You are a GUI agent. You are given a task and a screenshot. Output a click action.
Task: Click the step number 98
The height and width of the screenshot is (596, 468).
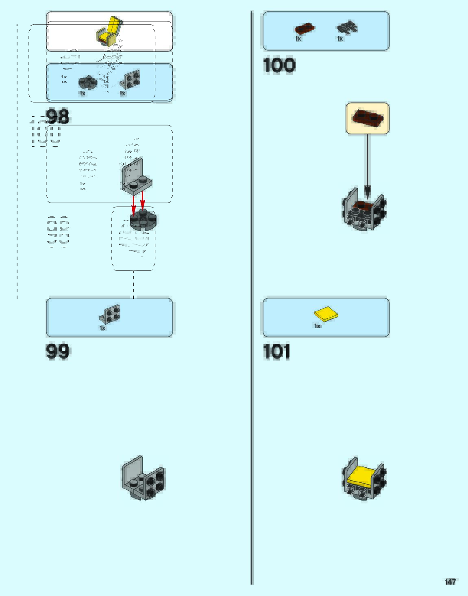[58, 117]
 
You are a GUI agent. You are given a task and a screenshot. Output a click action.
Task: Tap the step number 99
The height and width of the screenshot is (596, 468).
[58, 351]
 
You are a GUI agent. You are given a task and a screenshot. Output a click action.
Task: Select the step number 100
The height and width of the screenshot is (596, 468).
[279, 65]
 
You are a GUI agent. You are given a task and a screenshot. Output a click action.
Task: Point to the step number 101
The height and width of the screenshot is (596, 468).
[276, 352]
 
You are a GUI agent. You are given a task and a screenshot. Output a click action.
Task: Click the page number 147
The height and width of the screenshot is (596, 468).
[451, 582]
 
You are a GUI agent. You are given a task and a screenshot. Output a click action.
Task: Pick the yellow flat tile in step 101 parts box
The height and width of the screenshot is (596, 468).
[326, 314]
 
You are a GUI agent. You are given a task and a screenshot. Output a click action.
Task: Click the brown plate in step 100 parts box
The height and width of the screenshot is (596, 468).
[304, 28]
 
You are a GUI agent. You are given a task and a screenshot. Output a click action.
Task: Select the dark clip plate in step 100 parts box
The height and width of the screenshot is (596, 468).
[347, 28]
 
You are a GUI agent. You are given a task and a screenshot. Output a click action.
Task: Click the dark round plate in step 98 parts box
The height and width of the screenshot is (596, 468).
[87, 82]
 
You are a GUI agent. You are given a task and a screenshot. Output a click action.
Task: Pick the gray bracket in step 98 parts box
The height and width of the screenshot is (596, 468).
[130, 79]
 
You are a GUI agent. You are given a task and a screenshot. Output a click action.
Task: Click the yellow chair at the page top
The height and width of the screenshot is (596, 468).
[109, 31]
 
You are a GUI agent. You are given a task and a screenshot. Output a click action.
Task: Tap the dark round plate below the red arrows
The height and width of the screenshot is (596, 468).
[143, 220]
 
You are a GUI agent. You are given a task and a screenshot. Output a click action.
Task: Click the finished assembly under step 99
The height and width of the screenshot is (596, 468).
[144, 478]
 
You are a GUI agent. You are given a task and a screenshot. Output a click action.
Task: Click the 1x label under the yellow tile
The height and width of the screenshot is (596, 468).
[318, 326]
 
